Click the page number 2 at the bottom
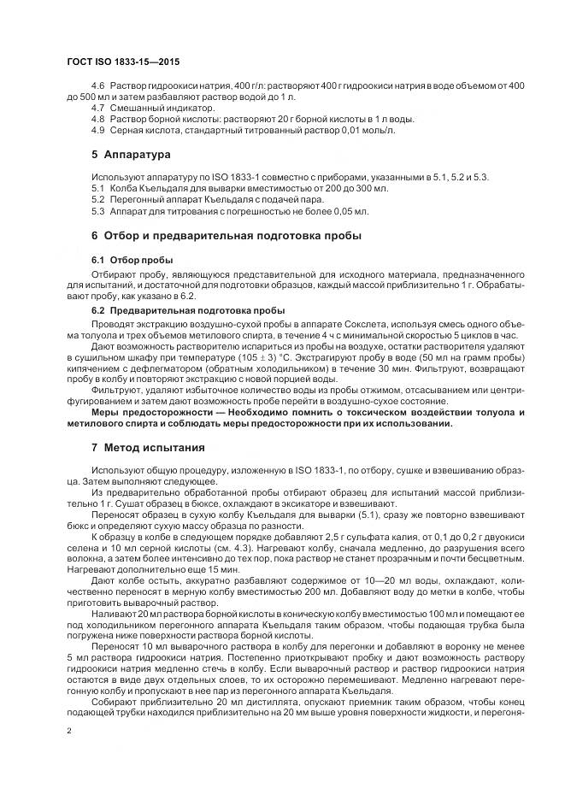pos(69,731)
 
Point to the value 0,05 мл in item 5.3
pos(349,209)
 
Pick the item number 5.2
pos(97,198)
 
